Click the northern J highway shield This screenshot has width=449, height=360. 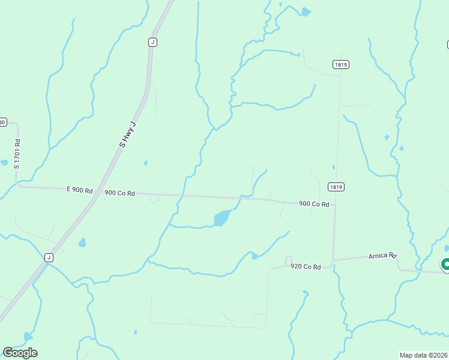click(x=152, y=42)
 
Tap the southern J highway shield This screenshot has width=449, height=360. click(x=49, y=257)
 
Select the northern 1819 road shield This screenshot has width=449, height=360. click(x=341, y=64)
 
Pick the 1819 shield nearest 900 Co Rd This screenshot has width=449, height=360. click(x=336, y=187)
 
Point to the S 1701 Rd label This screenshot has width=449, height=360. click(x=17, y=154)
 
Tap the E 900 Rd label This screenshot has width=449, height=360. click(x=79, y=190)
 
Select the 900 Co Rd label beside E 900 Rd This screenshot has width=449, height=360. click(x=119, y=193)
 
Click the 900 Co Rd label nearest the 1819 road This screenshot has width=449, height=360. click(x=314, y=204)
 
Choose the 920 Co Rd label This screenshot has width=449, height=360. click(x=306, y=266)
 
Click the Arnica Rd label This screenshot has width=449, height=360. click(x=383, y=256)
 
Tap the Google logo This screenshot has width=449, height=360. click(x=20, y=352)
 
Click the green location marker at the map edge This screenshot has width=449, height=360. click(x=446, y=264)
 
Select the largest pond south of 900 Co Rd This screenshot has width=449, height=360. click(x=221, y=218)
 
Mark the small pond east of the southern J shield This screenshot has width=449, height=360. click(x=82, y=242)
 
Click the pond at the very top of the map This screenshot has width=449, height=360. click(x=306, y=11)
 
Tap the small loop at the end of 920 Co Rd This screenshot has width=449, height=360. click(x=288, y=259)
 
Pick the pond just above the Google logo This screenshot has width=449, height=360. click(x=28, y=337)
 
